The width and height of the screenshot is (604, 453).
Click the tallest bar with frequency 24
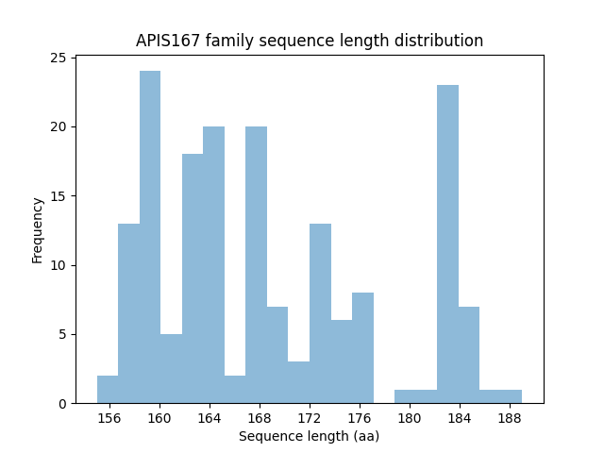pos(150,237)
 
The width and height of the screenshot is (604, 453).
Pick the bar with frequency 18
pos(193,278)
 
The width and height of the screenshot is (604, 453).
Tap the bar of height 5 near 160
pos(171,368)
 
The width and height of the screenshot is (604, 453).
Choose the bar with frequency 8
pos(362,347)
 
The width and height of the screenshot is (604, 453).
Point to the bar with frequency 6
pos(342,361)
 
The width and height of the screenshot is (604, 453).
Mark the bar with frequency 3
pos(299,382)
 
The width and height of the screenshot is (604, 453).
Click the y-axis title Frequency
pos(38,230)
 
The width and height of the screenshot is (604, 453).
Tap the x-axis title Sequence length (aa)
pos(309,436)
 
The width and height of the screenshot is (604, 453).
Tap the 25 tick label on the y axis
pos(59,58)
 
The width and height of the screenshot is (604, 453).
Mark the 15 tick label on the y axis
pos(59,196)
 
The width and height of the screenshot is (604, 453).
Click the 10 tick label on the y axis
pos(59,265)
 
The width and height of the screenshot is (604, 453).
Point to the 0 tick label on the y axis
pos(62,404)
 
